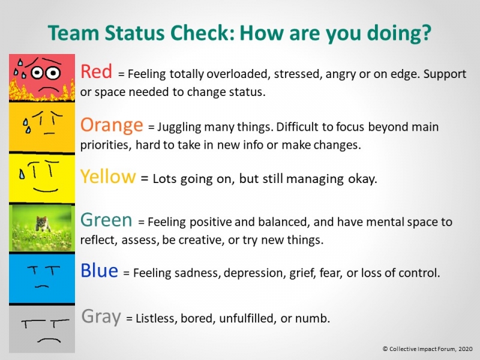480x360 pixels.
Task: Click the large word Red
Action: (x=96, y=72)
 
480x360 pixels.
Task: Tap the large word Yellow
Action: (x=108, y=176)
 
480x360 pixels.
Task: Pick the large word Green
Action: (x=106, y=220)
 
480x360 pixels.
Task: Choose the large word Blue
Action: (x=99, y=271)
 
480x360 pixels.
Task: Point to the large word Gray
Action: (x=101, y=316)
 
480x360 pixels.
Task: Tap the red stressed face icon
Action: (x=41, y=77)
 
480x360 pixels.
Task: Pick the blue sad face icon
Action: (x=41, y=277)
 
